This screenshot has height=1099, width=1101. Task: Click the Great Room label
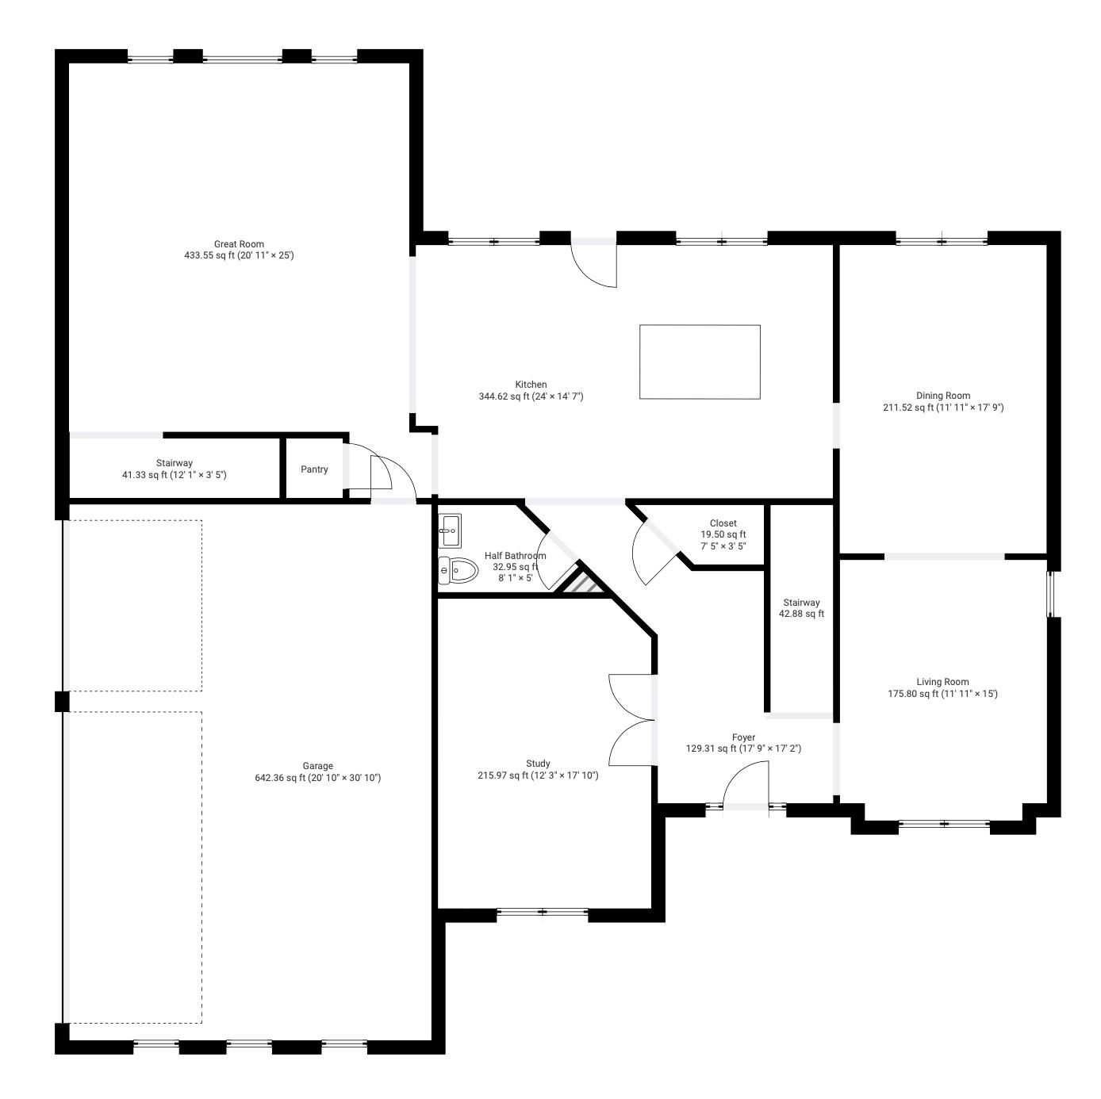[239, 244]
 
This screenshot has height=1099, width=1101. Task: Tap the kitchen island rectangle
[700, 362]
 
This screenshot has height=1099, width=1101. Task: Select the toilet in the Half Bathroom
[458, 569]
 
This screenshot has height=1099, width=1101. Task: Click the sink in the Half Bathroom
[451, 530]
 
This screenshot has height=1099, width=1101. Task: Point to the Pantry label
[314, 469]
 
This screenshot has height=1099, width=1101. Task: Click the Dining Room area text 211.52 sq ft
[908, 408]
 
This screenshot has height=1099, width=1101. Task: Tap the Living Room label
[942, 681]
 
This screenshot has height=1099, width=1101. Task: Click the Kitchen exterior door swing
[594, 265]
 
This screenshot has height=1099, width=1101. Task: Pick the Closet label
[723, 523]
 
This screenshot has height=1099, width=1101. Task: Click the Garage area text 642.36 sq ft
[281, 777]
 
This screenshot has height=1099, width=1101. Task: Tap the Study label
[539, 763]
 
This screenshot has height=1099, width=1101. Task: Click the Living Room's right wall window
[1050, 594]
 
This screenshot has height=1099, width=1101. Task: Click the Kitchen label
[531, 385]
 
